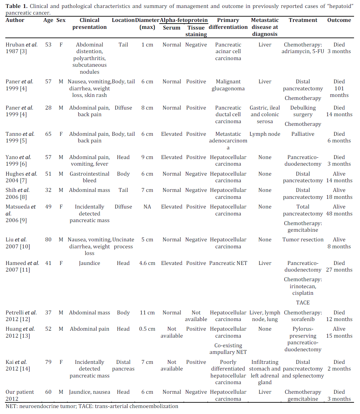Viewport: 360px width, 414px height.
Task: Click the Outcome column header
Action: (x=339, y=20)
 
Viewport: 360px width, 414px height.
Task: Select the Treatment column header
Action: (x=303, y=20)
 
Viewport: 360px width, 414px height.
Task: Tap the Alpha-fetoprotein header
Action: (x=183, y=20)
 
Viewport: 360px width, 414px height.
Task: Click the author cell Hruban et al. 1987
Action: (x=21, y=48)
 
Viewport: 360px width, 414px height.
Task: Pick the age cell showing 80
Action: (x=48, y=240)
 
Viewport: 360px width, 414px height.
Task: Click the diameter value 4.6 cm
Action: (x=147, y=263)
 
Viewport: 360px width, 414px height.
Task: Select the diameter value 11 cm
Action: (x=147, y=313)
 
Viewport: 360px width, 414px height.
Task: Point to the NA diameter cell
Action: (x=147, y=207)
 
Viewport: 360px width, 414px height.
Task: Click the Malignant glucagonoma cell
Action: (x=228, y=85)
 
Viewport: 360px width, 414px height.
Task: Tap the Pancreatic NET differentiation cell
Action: (x=228, y=263)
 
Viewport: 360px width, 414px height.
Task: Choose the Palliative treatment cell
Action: (x=303, y=134)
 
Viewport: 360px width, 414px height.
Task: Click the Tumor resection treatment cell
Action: (x=303, y=240)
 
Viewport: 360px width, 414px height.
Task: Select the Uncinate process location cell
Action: (x=123, y=243)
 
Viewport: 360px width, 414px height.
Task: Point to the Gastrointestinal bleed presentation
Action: (x=89, y=177)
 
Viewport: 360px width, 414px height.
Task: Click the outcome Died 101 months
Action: (x=339, y=88)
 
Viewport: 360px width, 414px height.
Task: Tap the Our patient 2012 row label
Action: (x=20, y=395)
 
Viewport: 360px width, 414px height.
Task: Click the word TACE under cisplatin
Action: (x=303, y=303)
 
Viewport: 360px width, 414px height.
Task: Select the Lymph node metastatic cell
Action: (x=265, y=134)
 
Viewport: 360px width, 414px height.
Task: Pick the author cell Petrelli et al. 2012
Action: (x=21, y=316)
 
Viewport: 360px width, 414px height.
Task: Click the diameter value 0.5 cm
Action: (x=147, y=329)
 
